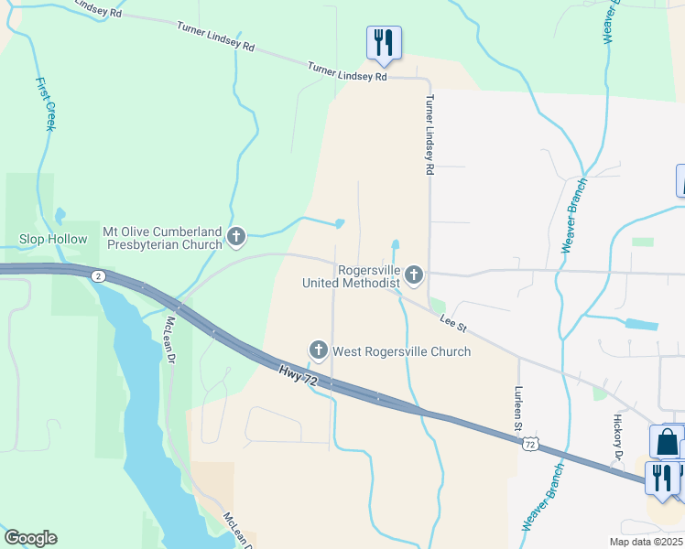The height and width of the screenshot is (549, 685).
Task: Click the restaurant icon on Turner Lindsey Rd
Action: (x=384, y=43)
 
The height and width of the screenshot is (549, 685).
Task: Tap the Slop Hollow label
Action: (x=54, y=240)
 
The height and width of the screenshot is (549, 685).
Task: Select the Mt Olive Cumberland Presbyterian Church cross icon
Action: (x=236, y=238)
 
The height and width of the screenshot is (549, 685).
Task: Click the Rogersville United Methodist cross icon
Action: (x=414, y=274)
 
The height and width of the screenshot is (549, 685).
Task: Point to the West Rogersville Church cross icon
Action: (x=319, y=350)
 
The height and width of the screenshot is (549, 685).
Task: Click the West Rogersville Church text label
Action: (x=401, y=351)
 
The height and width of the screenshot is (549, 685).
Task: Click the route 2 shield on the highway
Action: (x=99, y=276)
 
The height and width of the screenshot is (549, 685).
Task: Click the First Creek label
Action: (x=46, y=102)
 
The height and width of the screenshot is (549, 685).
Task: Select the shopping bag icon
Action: (x=667, y=441)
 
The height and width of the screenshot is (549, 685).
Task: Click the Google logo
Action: (x=30, y=538)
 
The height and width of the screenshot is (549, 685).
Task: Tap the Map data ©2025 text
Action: (x=647, y=542)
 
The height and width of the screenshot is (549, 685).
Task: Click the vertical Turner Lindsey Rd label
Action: (x=428, y=135)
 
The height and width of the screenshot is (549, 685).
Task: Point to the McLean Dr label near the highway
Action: (x=169, y=339)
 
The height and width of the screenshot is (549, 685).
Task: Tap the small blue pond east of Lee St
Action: (x=640, y=324)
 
